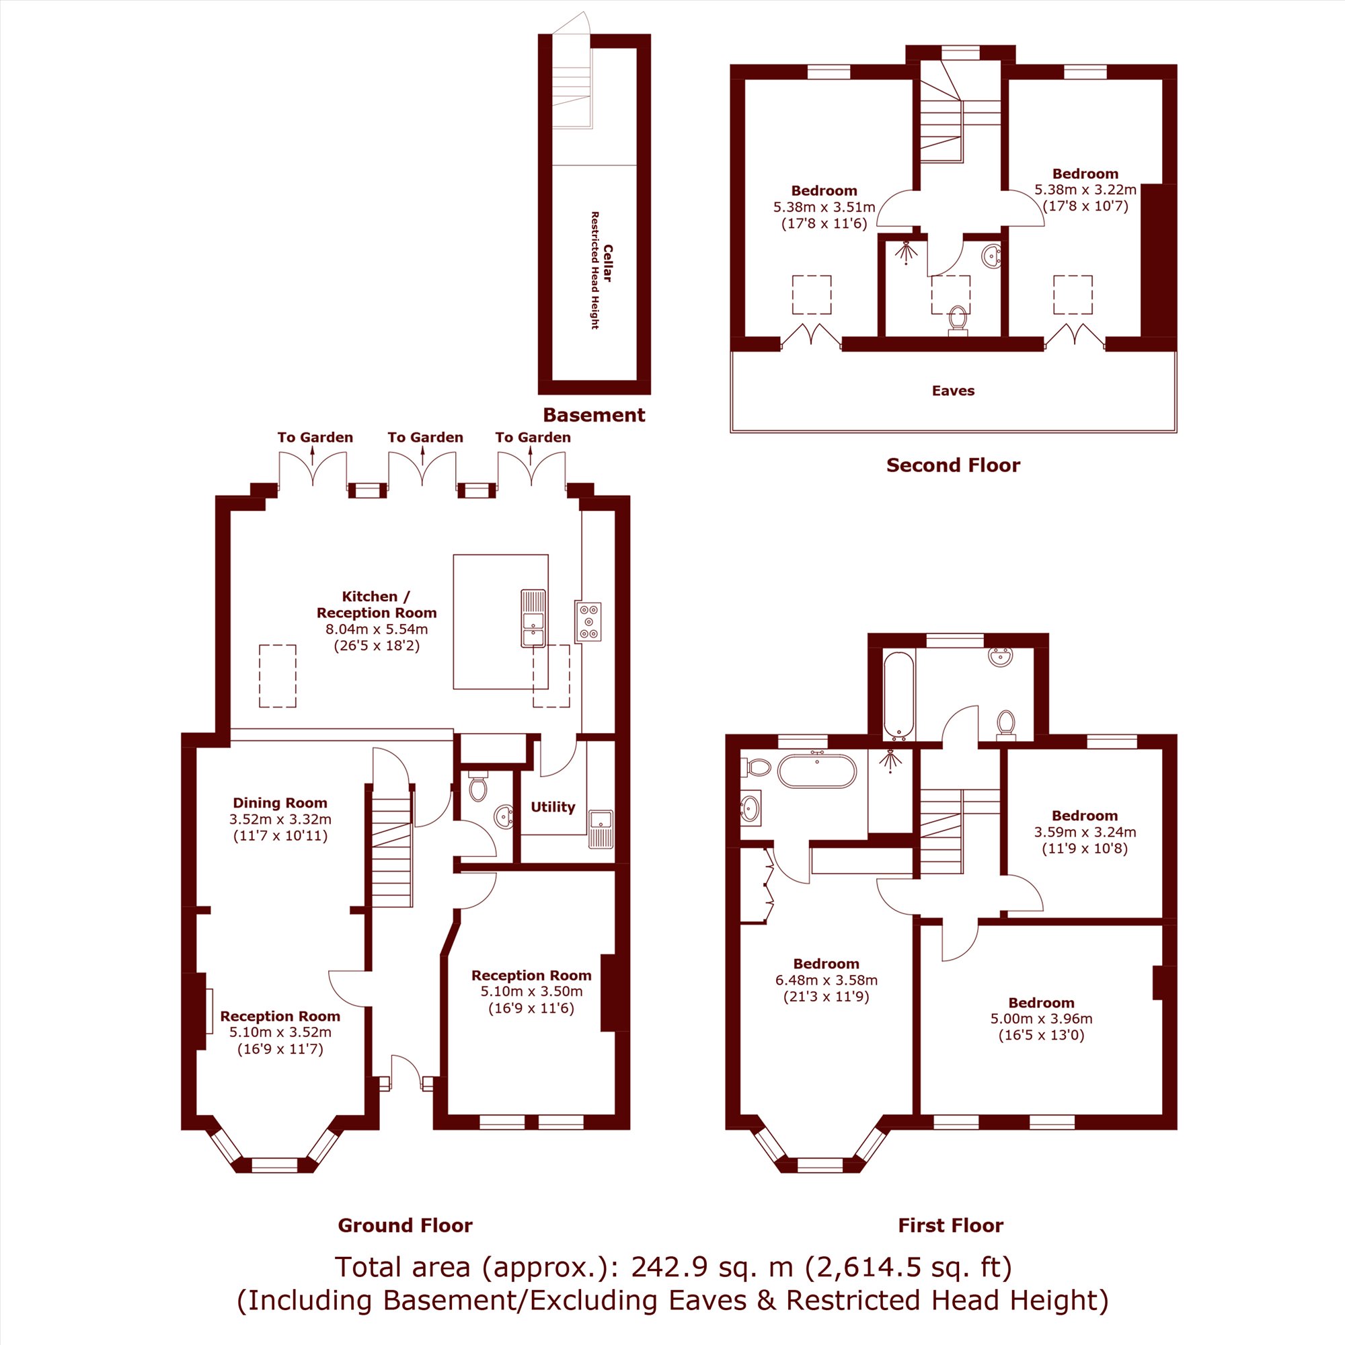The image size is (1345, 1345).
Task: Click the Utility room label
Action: (553, 807)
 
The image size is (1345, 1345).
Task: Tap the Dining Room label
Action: (280, 803)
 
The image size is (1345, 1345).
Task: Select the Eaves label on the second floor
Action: (953, 391)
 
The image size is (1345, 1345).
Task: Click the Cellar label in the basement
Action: (608, 263)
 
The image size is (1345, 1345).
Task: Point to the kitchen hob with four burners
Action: (589, 621)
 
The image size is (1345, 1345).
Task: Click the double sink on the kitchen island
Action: (533, 618)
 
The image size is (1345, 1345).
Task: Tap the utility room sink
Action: (601, 829)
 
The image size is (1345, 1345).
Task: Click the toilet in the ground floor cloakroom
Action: (477, 787)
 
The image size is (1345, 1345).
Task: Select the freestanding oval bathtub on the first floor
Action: (816, 771)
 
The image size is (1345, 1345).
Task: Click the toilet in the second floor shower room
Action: (958, 320)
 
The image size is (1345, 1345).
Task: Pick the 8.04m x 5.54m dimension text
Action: (377, 629)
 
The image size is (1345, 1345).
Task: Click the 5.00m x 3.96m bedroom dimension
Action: (1042, 1018)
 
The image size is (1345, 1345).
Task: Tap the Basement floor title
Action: (594, 415)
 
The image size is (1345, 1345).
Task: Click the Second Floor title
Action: (953, 465)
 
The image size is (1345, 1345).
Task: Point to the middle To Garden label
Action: (426, 437)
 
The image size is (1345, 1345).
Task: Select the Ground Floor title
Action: (405, 1225)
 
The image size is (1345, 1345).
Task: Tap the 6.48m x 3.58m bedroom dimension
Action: (827, 980)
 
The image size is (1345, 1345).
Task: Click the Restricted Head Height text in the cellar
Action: (595, 270)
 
